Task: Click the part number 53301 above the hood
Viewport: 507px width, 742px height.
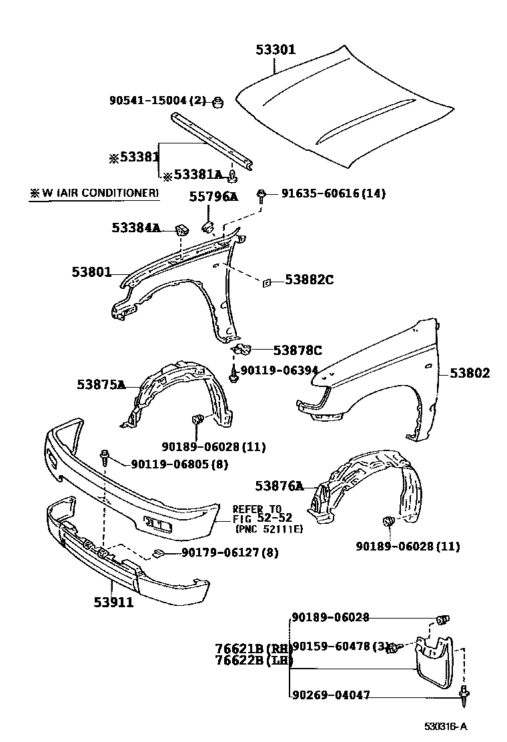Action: [276, 49]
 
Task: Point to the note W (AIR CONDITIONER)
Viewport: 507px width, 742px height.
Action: [93, 194]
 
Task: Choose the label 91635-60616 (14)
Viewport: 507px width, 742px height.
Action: [333, 194]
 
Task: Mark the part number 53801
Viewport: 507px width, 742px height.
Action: [92, 272]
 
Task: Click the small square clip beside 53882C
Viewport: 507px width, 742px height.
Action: [265, 282]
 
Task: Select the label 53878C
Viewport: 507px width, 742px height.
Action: [298, 350]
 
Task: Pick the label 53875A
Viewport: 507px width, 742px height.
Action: [101, 384]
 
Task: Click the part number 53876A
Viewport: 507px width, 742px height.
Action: [279, 485]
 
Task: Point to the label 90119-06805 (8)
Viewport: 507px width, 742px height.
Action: [170, 464]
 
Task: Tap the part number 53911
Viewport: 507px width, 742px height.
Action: [113, 603]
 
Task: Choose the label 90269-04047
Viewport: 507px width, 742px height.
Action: [330, 695]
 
